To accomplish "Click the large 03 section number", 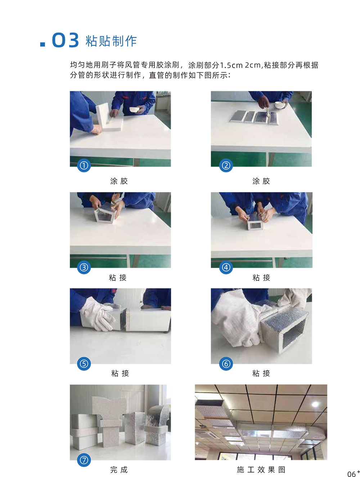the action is (66, 40).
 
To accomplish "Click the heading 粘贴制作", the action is (111, 41).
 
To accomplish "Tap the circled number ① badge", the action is (84, 165).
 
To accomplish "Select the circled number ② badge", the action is (226, 165).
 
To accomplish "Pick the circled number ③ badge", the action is (84, 267).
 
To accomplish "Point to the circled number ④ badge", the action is (226, 267).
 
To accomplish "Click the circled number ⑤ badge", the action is (84, 364).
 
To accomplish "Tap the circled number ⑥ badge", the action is (226, 364).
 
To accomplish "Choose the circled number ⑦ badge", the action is (84, 460).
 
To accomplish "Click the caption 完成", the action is (119, 469).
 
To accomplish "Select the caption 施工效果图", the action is (261, 469).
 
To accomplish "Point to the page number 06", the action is (351, 474).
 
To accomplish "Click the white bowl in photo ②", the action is (280, 105).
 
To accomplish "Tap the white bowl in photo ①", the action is (135, 109).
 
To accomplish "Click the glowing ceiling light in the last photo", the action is (315, 404).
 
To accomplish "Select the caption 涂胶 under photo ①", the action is (119, 181).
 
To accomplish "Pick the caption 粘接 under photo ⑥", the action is (261, 373).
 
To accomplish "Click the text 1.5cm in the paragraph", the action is (231, 65).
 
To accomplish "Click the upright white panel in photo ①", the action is (103, 116).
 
